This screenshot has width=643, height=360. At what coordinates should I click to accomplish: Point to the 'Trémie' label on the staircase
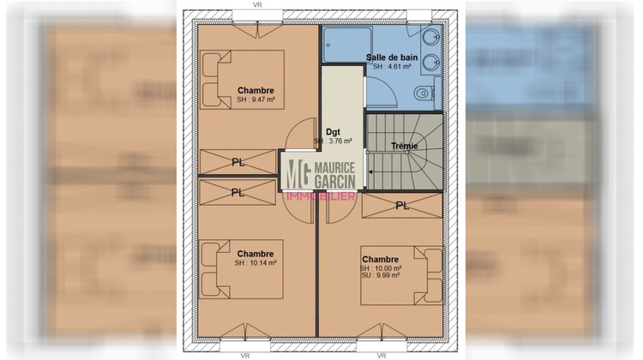404,146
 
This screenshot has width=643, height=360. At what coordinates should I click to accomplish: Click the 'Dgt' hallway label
334,130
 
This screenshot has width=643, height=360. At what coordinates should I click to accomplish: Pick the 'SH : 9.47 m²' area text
256,99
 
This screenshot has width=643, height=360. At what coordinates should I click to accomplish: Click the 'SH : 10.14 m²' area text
255,263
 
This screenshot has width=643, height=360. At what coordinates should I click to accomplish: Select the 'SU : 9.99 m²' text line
382,276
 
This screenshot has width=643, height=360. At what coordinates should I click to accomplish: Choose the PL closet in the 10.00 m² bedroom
401,206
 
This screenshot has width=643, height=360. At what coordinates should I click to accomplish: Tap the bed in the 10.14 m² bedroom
242,267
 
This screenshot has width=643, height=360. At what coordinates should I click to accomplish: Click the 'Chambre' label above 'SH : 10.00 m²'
380,260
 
